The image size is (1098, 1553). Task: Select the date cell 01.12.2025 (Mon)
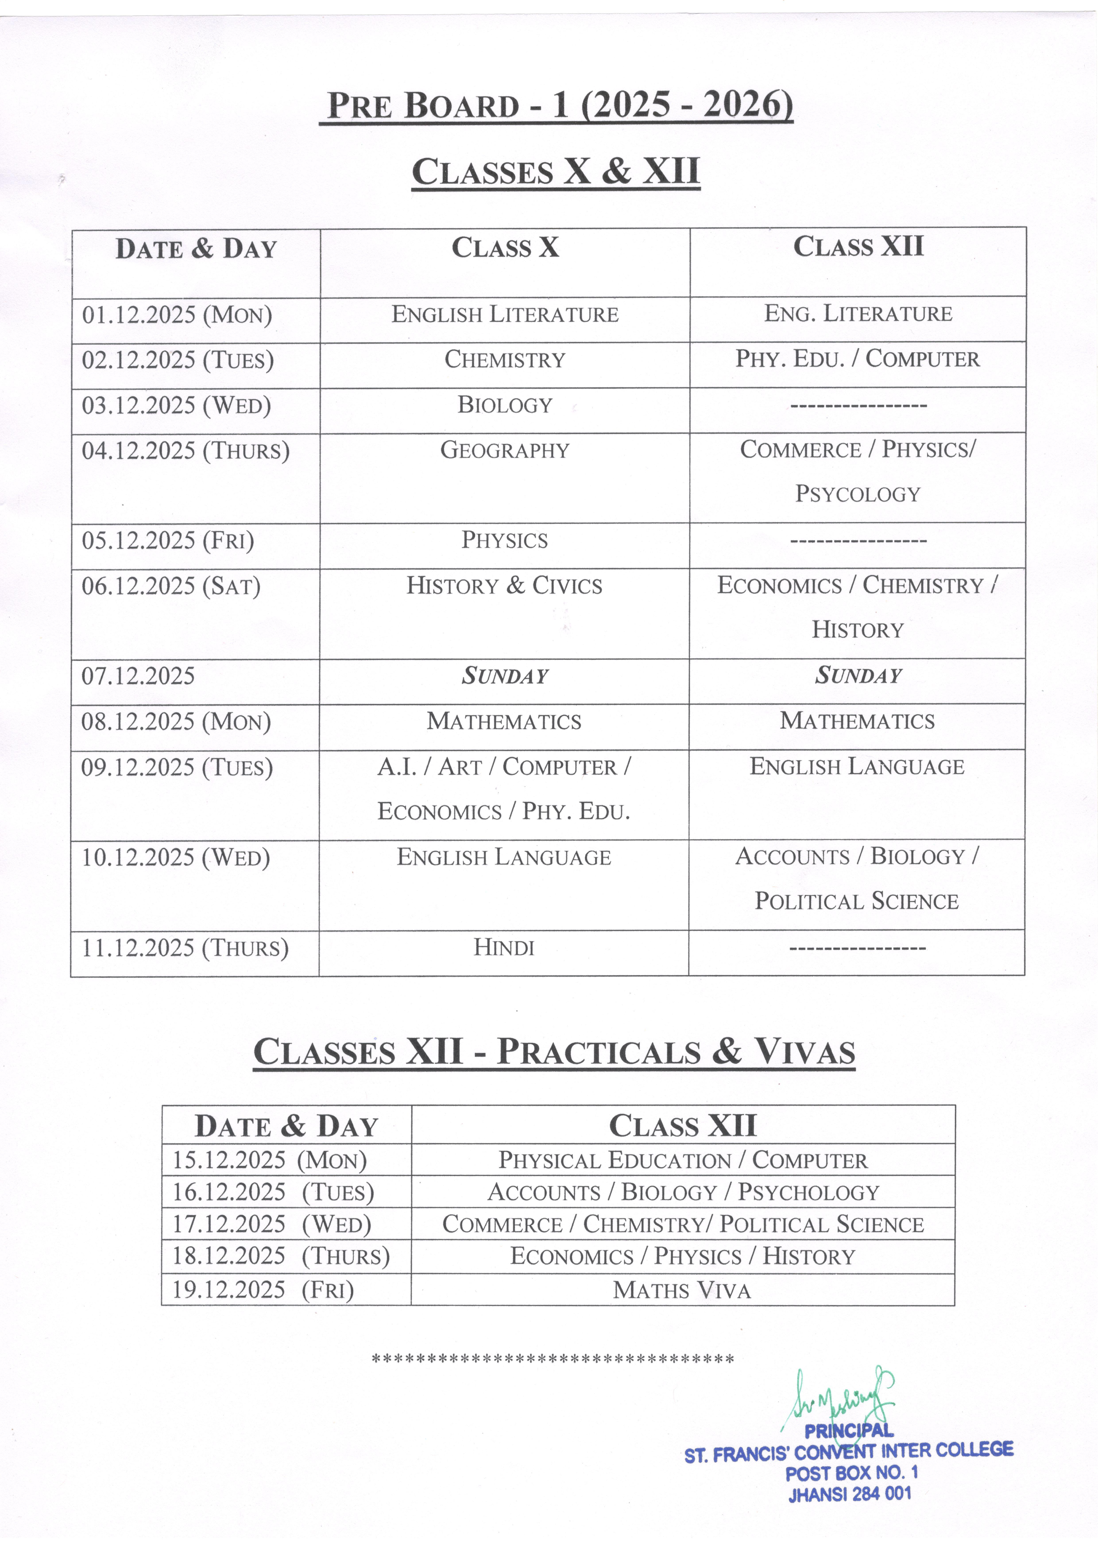pos(177,315)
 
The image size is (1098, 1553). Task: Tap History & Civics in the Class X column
pos(504,586)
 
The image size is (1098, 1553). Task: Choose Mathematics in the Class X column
pos(504,722)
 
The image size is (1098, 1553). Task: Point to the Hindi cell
pos(504,948)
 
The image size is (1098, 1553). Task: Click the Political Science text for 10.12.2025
pos(857,902)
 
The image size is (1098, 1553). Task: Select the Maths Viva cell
pos(682,1291)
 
